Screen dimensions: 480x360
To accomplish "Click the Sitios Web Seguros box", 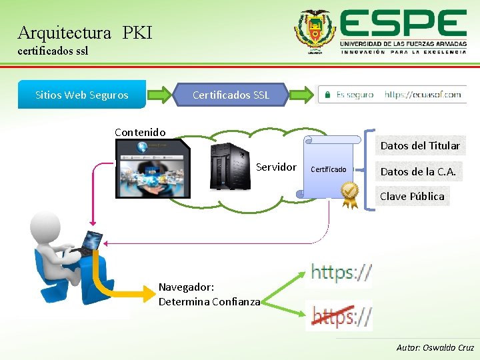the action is coord(81,95).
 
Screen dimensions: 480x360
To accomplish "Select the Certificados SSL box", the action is coord(231,95).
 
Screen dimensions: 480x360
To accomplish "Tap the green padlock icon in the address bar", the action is coord(327,95).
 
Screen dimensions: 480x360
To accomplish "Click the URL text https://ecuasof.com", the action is coord(423,95).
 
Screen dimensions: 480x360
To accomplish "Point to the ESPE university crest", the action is coord(315,32).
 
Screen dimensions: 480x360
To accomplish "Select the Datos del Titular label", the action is coord(419,145).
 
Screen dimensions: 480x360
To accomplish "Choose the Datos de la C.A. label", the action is coord(418,171).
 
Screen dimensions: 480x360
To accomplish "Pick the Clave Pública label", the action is coord(411,196).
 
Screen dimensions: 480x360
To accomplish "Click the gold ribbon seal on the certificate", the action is coord(349,194).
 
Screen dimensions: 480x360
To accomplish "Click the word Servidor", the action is coord(276,167).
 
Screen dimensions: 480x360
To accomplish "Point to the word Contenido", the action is coord(140,132).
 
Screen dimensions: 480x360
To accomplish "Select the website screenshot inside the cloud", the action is coord(152,169).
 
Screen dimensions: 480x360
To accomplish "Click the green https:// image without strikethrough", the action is coord(341,271).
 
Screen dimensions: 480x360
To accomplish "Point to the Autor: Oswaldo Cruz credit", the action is coord(435,347).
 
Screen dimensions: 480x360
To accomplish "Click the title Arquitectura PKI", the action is coord(85,32).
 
